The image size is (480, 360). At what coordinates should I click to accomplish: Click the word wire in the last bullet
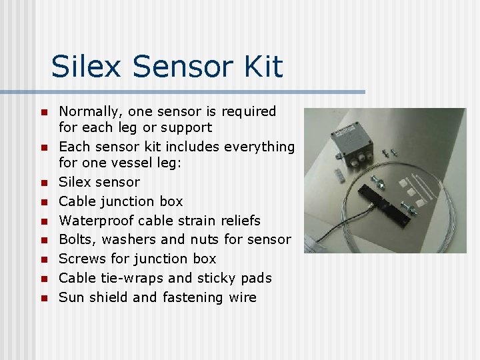[242, 297]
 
